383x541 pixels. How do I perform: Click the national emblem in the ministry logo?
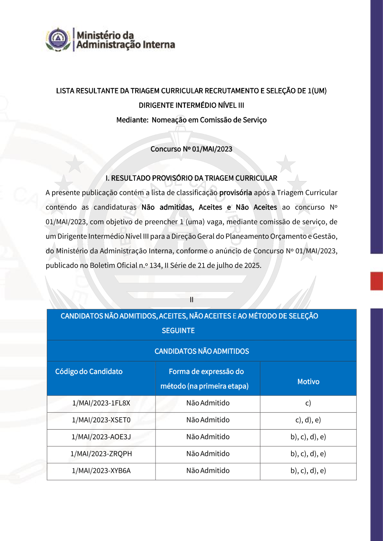[x=58, y=39]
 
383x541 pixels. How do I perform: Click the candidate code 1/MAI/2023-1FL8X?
[x=101, y=403]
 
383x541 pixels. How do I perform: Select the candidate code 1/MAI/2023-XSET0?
[x=101, y=420]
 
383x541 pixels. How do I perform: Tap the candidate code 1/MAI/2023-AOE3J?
[x=101, y=437]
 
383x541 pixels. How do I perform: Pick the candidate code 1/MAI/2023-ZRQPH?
[x=101, y=454]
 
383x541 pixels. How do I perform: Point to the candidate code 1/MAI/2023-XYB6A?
[x=101, y=471]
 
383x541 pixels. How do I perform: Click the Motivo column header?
[x=308, y=382]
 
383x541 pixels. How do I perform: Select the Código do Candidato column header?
[x=89, y=371]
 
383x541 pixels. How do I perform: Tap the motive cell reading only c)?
[x=308, y=403]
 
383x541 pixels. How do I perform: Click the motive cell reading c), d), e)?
[x=308, y=420]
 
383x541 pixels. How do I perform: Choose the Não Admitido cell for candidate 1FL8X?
[x=208, y=403]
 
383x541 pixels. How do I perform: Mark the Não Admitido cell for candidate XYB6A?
[x=208, y=471]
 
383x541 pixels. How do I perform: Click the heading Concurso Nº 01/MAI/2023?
[x=191, y=149]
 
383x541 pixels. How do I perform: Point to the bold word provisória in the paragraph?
[x=236, y=193]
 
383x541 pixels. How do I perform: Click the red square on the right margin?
[x=376, y=281]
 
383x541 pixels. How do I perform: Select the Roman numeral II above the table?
[x=191, y=300]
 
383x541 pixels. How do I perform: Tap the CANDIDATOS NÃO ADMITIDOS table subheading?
[x=202, y=351]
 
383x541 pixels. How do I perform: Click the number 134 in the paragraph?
[x=155, y=265]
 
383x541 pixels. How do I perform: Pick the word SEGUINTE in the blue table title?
[x=178, y=330]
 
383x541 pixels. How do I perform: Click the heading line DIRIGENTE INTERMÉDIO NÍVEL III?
[x=191, y=105]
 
